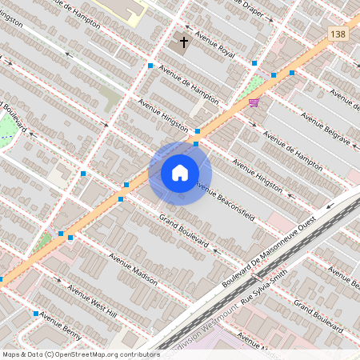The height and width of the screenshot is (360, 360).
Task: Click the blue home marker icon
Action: click(x=180, y=173)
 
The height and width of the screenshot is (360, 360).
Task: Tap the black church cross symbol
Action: click(x=184, y=41)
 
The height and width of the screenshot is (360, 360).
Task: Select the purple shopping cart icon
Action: click(x=254, y=102)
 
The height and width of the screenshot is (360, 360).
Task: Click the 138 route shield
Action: click(x=338, y=33)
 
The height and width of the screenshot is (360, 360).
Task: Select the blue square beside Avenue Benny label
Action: click(x=36, y=314)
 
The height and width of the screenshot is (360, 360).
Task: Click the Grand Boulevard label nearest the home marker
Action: click(x=183, y=230)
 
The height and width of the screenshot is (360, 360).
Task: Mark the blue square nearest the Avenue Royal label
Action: click(x=254, y=62)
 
